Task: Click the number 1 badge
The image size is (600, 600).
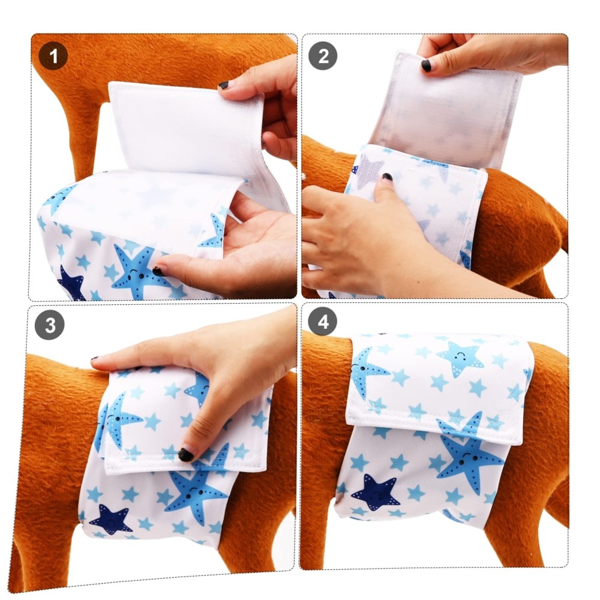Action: tap(53, 56)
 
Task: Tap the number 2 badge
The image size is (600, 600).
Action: tap(323, 56)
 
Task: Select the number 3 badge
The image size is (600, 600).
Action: tap(50, 325)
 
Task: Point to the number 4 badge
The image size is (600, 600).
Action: tap(323, 322)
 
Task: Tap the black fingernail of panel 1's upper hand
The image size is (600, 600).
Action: tap(223, 85)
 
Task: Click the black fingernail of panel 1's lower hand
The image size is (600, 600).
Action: tap(158, 272)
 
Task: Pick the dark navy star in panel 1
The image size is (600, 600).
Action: tap(71, 284)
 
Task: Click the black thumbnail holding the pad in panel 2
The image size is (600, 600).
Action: tap(426, 65)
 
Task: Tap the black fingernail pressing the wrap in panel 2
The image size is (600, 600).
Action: tap(387, 177)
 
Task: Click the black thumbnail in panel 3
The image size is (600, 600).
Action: tap(185, 455)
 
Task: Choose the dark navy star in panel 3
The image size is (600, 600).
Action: tap(110, 520)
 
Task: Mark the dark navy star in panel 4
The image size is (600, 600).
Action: tap(376, 493)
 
